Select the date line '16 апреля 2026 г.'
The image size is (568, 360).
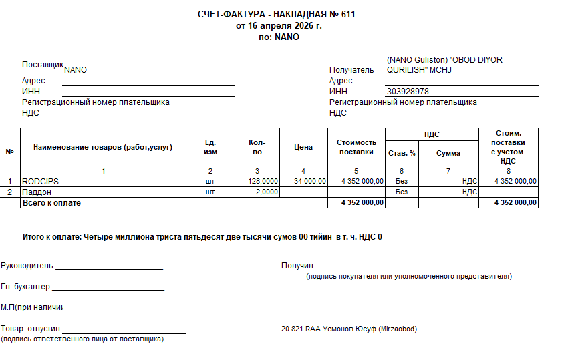pos(279,26)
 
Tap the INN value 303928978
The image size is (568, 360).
pos(408,92)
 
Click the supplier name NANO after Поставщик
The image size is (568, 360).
pos(76,70)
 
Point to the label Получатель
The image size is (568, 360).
pos(351,70)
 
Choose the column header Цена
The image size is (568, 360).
pos(303,148)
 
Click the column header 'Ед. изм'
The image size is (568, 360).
pos(210,148)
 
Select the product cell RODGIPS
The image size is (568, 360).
pos(41,181)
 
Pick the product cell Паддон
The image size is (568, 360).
pos(38,192)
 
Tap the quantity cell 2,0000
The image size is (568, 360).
pos(266,192)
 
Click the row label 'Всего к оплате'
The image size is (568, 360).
pos(52,202)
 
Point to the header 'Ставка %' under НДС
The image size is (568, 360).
pos(402,153)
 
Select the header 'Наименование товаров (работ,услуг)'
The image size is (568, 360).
pos(103,148)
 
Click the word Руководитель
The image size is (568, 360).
pos(27,266)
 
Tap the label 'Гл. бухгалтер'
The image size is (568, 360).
pos(25,287)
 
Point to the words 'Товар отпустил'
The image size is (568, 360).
pos(31,329)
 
